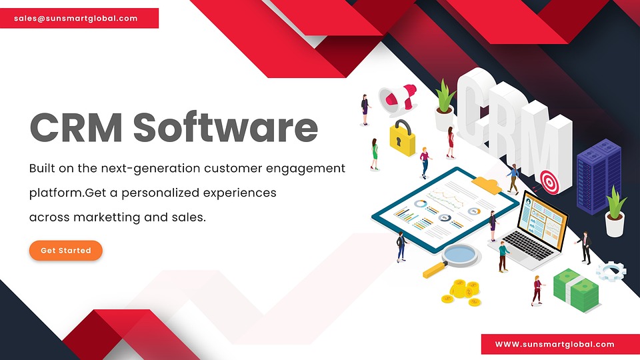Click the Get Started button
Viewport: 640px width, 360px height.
point(66,250)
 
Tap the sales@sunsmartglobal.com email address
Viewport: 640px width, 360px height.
point(75,19)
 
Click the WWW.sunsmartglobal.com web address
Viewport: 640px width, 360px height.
point(555,344)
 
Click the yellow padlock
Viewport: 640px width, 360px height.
point(402,139)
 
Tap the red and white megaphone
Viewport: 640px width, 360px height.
point(397,99)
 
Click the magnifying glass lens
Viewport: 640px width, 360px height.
point(460,255)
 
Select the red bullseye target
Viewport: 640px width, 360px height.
point(550,182)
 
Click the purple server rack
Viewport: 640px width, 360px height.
point(599,176)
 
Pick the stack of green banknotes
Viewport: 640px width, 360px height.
point(576,290)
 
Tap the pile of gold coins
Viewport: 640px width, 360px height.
point(461,292)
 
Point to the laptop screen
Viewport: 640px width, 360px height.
point(543,219)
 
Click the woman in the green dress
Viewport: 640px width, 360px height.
point(375,154)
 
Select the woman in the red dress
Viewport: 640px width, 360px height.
point(451,142)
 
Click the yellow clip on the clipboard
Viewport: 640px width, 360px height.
point(487,184)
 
